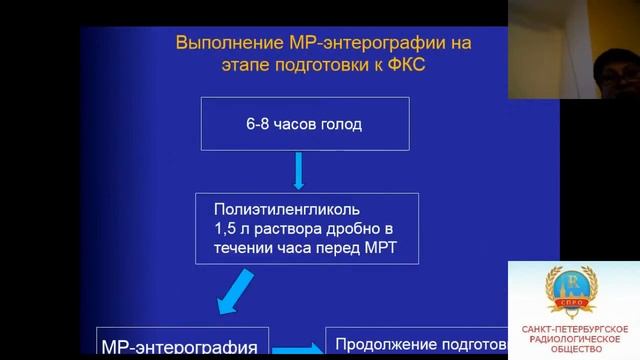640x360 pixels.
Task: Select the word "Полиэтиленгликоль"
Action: pyautogui.click(x=283, y=209)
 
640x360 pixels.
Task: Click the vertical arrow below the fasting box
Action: pyautogui.click(x=298, y=171)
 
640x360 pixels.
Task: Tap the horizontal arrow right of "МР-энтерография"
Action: pyautogui.click(x=297, y=348)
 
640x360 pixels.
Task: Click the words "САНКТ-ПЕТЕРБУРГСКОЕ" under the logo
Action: pyautogui.click(x=574, y=329)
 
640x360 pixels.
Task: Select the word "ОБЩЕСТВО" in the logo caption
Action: pyautogui.click(x=574, y=351)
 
